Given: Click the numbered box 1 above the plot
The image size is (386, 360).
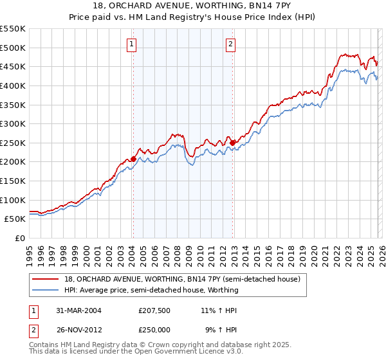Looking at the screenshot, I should click(x=131, y=44).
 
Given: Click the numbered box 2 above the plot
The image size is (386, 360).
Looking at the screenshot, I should click(x=230, y=44).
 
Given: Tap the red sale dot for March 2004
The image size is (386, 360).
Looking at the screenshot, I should click(x=133, y=159).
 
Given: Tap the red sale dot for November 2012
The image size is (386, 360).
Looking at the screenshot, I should click(x=232, y=143).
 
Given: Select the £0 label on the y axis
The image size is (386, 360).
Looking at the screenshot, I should click(x=21, y=238).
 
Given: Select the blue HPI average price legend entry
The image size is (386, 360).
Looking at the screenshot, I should click(x=151, y=290).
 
